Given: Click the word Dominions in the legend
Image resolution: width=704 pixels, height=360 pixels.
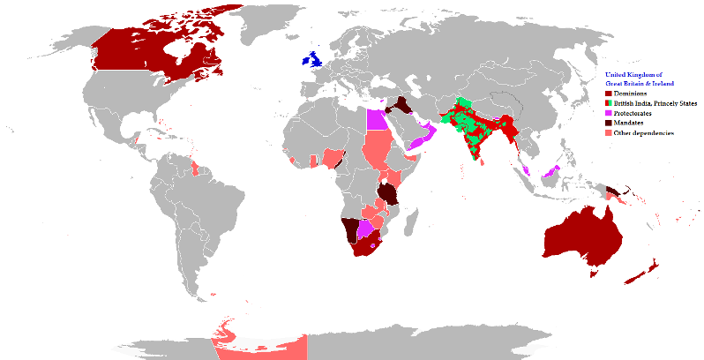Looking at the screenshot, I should (632, 93).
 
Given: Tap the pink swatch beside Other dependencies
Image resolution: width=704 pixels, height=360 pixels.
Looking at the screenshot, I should (608, 132).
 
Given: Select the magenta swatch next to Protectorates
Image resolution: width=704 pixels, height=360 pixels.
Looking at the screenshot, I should (608, 113).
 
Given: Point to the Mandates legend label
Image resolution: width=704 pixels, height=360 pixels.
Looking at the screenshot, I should (629, 123).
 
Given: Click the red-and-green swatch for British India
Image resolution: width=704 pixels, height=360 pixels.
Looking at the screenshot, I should (608, 102).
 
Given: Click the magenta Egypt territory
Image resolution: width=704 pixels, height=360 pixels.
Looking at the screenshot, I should (376, 119).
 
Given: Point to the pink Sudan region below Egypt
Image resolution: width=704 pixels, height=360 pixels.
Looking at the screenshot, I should (378, 150).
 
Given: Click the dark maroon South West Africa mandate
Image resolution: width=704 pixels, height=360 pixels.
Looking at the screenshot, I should (350, 229).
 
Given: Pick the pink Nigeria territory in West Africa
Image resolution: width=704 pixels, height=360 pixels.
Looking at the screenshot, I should (334, 159).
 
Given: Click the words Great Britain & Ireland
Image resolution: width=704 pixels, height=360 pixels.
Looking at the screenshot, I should (640, 83).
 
